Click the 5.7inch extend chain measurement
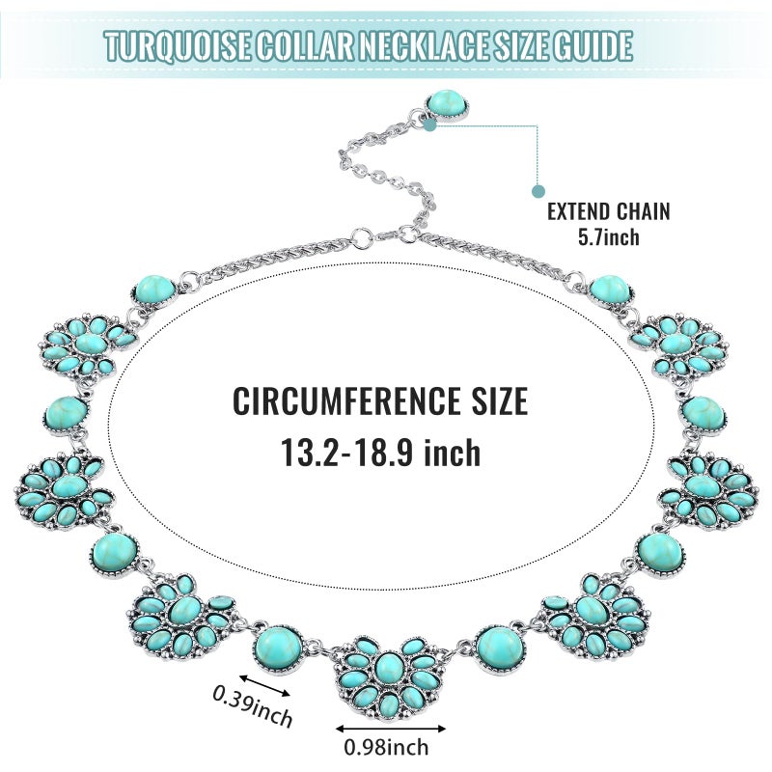(x=609, y=236)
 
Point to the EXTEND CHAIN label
(x=609, y=211)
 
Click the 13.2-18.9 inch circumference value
(x=380, y=453)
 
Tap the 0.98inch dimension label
(x=386, y=747)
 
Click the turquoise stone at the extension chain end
(x=447, y=104)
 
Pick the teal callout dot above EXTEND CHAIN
(x=538, y=191)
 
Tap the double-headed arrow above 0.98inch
(x=391, y=729)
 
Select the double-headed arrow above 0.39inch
(x=264, y=686)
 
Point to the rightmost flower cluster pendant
(x=708, y=491)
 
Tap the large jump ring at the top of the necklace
(x=363, y=238)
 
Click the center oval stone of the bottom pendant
(x=389, y=668)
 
